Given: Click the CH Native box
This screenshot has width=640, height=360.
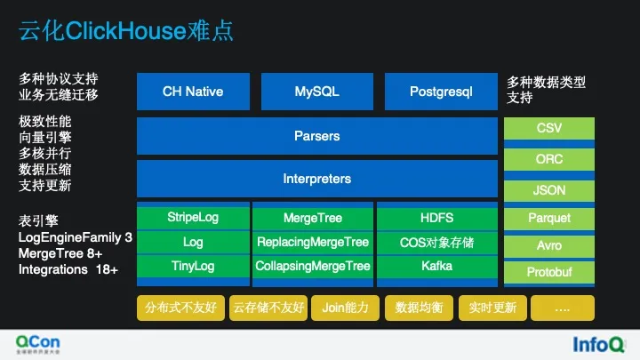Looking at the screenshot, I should pyautogui.click(x=193, y=92).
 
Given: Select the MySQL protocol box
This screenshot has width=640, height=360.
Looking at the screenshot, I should pyautogui.click(x=316, y=92).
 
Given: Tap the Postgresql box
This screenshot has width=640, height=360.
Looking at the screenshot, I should pyautogui.click(x=441, y=92).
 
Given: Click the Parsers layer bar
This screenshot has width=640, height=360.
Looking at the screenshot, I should pyautogui.click(x=316, y=136).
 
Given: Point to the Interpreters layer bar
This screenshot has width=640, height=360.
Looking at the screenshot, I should pyautogui.click(x=316, y=179).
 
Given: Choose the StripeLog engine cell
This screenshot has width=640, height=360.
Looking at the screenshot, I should pyautogui.click(x=193, y=218).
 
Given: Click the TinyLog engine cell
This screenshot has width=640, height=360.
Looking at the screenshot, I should pyautogui.click(x=193, y=266).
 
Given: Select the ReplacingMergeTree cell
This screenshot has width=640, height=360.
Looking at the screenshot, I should pyautogui.click(x=312, y=242).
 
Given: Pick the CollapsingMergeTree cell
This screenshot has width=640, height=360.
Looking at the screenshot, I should pyautogui.click(x=312, y=266).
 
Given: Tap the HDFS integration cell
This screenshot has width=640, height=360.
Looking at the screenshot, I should pyautogui.click(x=436, y=218).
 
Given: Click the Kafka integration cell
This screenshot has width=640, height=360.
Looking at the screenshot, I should pyautogui.click(x=436, y=266).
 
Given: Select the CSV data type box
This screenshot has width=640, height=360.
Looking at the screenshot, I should pyautogui.click(x=549, y=129).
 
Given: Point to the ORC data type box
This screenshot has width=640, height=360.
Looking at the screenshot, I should pyautogui.click(x=549, y=160).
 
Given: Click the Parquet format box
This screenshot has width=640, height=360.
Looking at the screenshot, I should pyautogui.click(x=549, y=218).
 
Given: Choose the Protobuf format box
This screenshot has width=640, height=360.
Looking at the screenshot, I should pyautogui.click(x=549, y=272).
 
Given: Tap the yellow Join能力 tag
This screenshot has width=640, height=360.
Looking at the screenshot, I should pyautogui.click(x=346, y=308).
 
